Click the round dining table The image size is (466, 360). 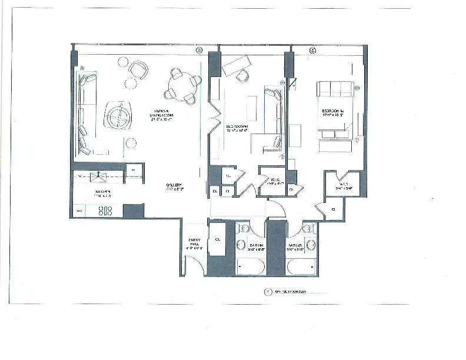178,82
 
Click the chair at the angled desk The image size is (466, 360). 242,75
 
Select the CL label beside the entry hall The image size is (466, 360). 217,239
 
